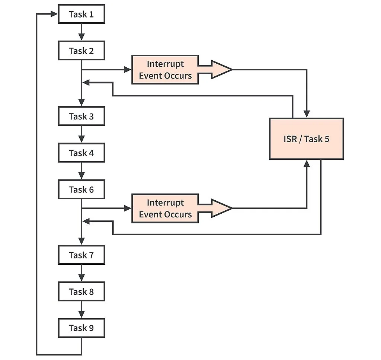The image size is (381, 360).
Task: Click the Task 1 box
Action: [81, 15]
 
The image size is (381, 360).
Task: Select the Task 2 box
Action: [81, 51]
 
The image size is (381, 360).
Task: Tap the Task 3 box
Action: [81, 116]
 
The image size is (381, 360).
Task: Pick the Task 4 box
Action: [81, 153]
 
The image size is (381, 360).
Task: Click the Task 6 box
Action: [81, 189]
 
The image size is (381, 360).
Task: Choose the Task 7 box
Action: [81, 255]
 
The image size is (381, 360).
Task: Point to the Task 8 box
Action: [81, 291]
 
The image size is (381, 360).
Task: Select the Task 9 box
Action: [81, 328]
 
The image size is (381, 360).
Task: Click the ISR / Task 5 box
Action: [306, 139]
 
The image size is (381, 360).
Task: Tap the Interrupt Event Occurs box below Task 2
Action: [165, 70]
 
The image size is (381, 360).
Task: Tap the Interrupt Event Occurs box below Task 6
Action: [165, 208]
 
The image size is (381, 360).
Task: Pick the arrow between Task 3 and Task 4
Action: [81, 135]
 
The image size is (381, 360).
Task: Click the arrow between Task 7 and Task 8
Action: [81, 274]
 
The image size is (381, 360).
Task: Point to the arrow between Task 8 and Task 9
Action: [81, 310]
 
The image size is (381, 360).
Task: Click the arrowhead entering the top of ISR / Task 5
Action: [307, 114]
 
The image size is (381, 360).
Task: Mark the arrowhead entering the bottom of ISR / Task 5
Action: [307, 164]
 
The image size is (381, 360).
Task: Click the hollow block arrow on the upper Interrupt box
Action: [216, 70]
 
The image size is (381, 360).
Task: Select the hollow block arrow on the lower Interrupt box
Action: [216, 208]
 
